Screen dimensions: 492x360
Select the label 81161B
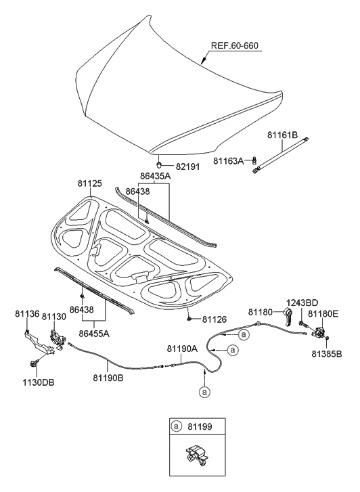[x=282, y=135]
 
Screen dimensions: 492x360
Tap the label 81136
[x=28, y=314]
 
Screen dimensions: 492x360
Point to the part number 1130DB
[x=38, y=382]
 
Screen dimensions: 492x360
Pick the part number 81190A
[x=183, y=349]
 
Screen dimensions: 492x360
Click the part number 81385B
[x=327, y=353]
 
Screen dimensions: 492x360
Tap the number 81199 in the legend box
[x=201, y=428]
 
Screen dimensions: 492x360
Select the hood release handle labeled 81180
[x=288, y=316]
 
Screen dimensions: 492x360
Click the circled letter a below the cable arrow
[x=204, y=391]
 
